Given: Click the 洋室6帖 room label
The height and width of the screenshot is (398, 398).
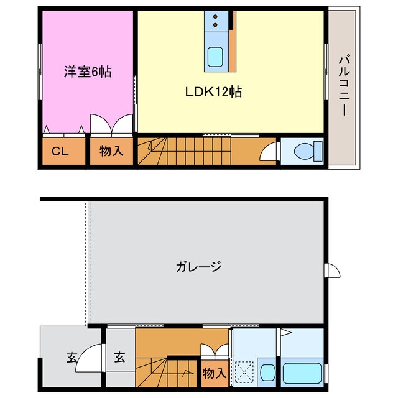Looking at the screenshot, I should (88, 72).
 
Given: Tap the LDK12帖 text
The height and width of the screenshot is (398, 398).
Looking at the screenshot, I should (213, 92).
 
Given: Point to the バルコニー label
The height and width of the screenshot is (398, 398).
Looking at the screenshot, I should (343, 86).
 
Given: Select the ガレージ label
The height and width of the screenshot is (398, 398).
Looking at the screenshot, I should (198, 267).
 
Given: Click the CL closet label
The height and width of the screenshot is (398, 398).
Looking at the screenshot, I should (60, 150).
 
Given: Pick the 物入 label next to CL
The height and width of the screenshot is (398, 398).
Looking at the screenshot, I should (112, 150).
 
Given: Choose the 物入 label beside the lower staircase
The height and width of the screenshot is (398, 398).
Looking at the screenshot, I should (215, 374).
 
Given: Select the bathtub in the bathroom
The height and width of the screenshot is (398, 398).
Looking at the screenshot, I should (302, 373).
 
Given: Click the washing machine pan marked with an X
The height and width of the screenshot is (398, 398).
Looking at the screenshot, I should (245, 373).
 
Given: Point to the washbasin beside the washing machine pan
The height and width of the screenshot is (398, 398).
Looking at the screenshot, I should (268, 373).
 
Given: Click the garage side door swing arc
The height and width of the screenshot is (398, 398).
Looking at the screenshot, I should (332, 270).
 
